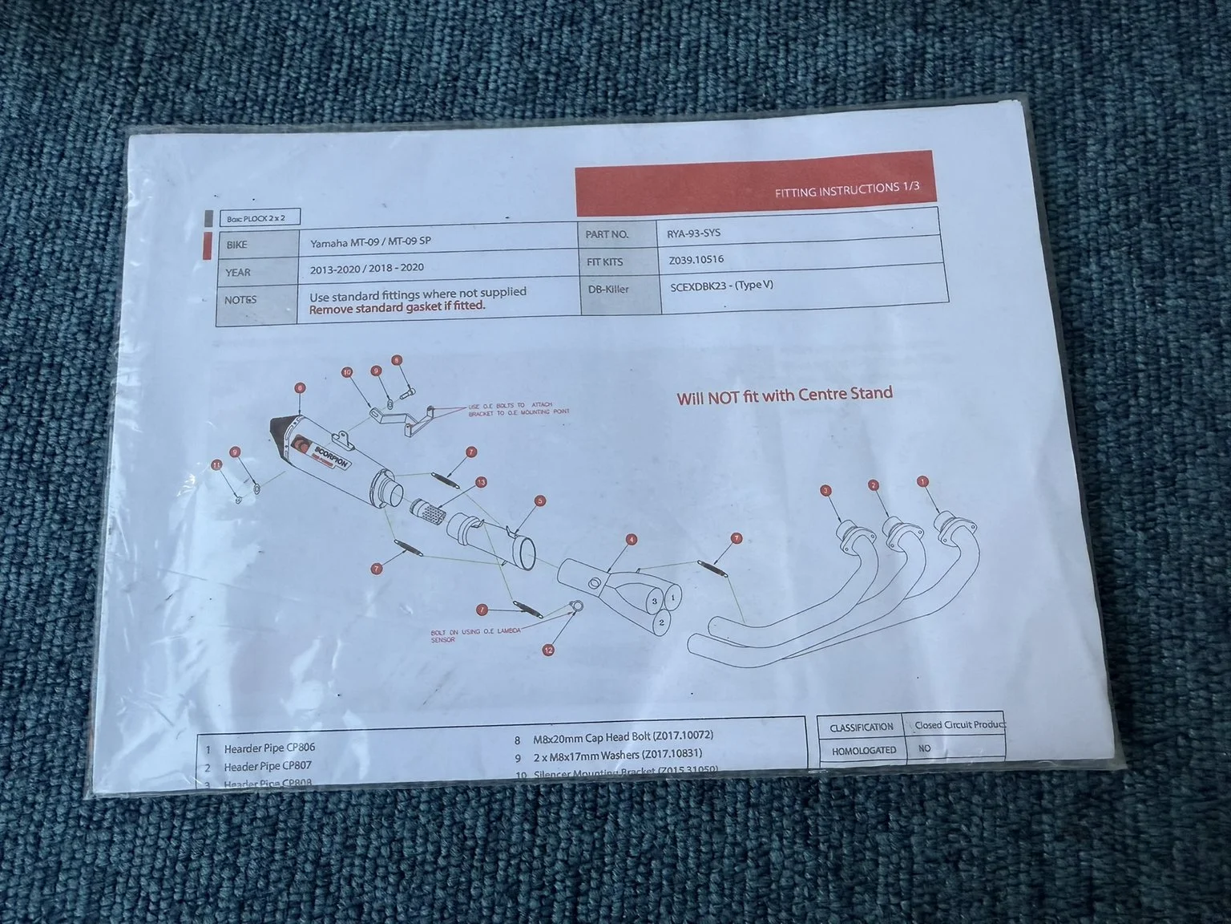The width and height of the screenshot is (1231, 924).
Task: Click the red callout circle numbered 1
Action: (923, 482)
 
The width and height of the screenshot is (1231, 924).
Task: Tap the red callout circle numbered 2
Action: (874, 485)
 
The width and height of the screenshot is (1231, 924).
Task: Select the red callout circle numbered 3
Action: (825, 491)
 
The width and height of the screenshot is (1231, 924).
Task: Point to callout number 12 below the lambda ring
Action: (548, 650)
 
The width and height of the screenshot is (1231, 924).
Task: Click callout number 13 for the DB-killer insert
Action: (481, 482)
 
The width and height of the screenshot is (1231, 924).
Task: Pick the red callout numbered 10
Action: (347, 372)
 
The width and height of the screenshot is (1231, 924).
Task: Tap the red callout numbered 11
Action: (216, 465)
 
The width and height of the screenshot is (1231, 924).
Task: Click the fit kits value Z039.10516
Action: (696, 260)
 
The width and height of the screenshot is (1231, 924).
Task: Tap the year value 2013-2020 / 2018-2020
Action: (366, 269)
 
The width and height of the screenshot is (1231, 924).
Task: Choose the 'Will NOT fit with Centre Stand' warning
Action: (784, 395)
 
